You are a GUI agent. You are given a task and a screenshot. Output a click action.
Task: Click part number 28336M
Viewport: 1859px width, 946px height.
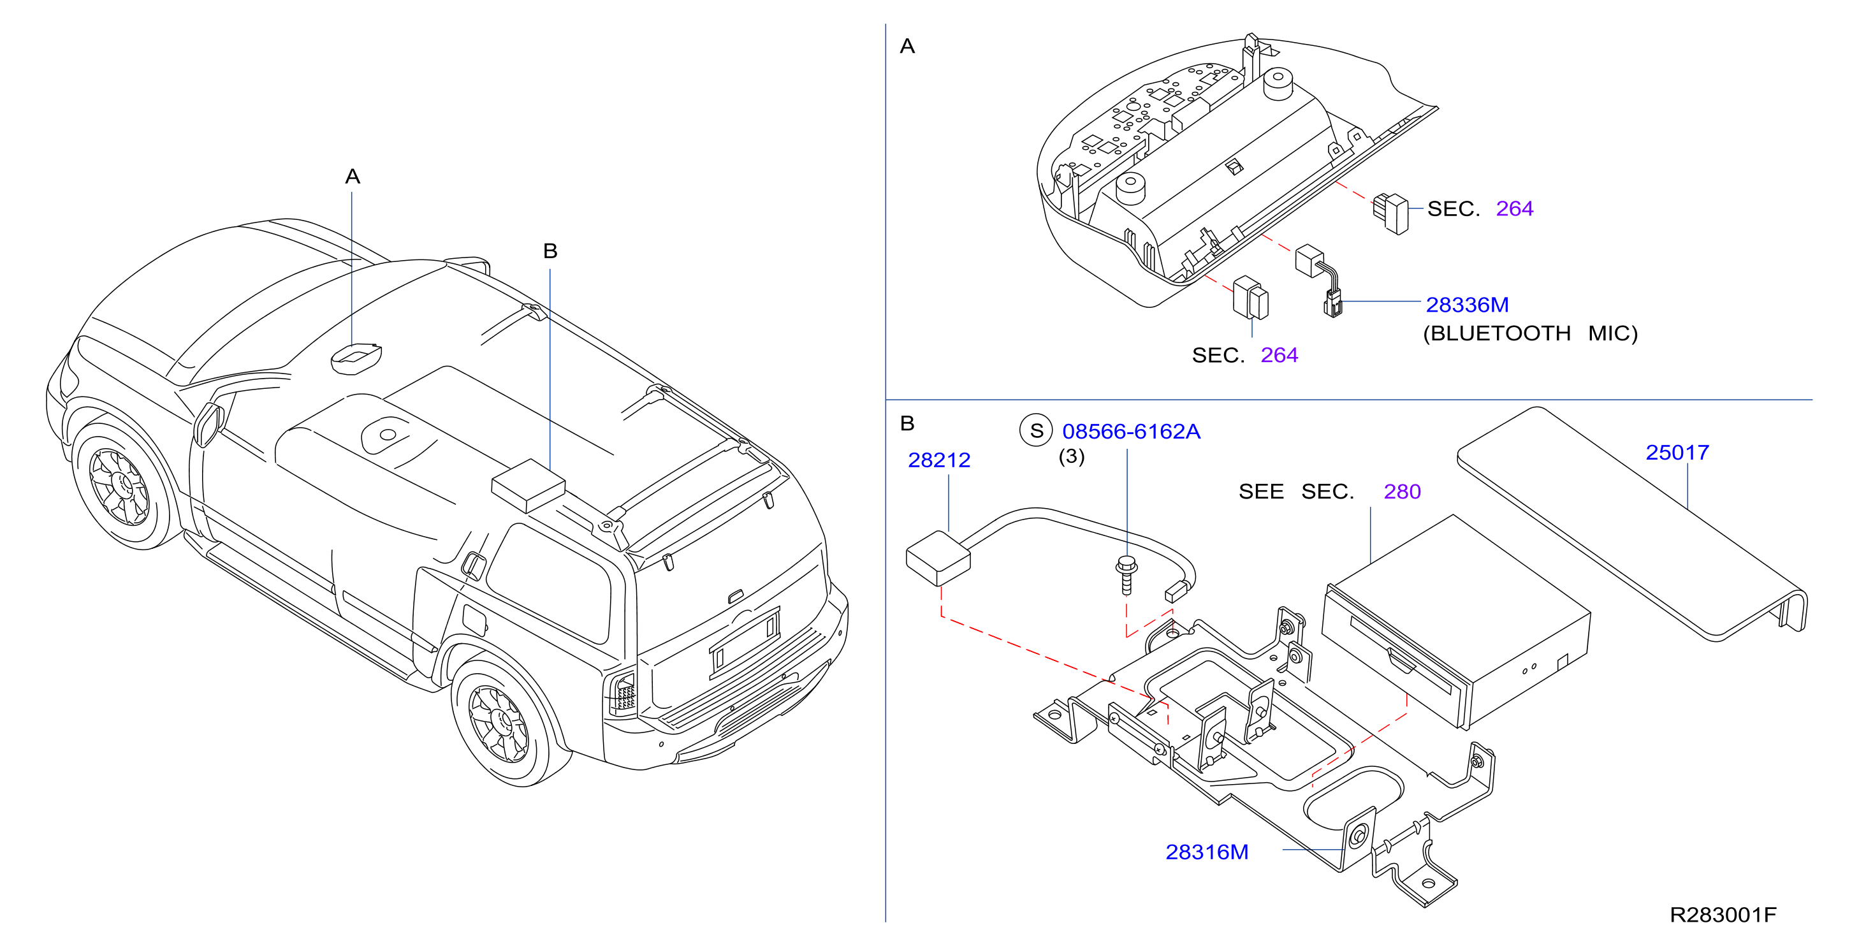pos(1466,305)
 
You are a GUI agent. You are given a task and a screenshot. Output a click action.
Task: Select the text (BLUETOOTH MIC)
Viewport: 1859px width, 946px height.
pos(1530,333)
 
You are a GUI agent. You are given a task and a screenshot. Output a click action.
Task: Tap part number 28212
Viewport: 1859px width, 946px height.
pos(938,460)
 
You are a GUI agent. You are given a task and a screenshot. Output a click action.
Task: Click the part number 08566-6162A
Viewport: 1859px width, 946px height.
pos(1131,431)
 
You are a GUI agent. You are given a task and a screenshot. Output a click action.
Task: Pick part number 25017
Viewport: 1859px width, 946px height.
pos(1677,453)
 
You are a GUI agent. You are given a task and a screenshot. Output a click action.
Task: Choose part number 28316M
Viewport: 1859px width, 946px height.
pos(1207,852)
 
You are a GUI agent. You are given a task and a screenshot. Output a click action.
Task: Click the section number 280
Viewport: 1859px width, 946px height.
pos(1401,491)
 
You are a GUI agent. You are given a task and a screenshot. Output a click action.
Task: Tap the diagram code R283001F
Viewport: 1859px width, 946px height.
pos(1723,915)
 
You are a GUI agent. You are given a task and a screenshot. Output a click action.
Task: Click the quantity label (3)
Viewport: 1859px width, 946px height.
pos(1071,457)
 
